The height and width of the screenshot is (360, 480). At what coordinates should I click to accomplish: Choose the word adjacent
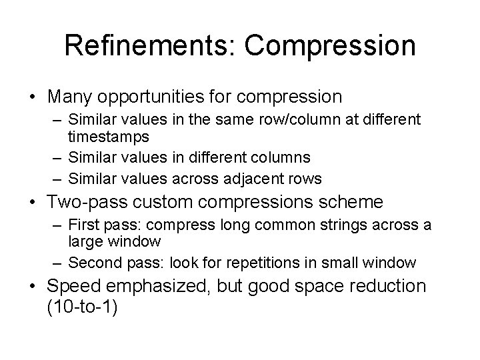[259, 178]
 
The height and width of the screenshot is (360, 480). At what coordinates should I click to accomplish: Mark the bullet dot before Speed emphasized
[32, 287]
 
